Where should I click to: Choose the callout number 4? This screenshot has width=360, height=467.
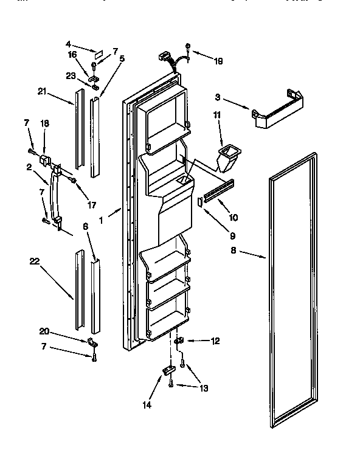click(69, 44)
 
